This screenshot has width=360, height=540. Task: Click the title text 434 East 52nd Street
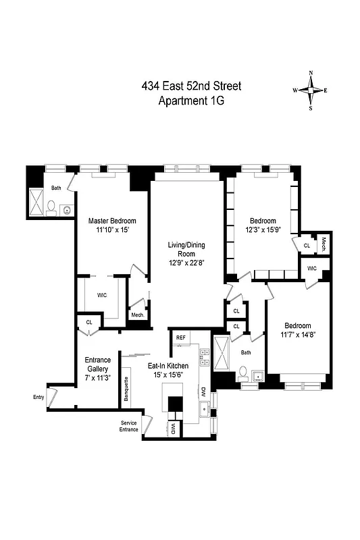[x=190, y=86]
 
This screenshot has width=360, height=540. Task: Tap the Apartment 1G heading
[x=190, y=101]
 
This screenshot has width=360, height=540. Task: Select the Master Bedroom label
[x=113, y=221]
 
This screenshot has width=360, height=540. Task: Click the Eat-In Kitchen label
[x=168, y=365]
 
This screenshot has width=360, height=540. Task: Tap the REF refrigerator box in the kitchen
[x=181, y=337]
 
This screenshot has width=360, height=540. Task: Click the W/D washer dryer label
[x=173, y=429]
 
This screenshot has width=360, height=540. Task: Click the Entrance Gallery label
[x=97, y=364]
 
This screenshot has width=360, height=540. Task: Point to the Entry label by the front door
[x=38, y=397]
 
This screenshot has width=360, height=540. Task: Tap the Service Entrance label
[x=128, y=427]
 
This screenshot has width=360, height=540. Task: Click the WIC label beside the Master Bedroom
[x=102, y=295]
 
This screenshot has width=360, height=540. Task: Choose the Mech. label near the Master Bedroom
[x=137, y=315]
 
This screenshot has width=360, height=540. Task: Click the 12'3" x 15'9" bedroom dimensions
[x=263, y=230]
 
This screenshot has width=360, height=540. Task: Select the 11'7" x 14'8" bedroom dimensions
[x=297, y=333]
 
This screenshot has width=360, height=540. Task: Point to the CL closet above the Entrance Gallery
[x=88, y=323]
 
